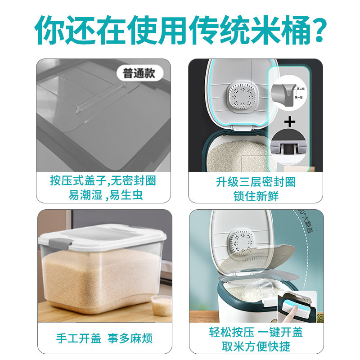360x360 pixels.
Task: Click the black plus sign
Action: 292,121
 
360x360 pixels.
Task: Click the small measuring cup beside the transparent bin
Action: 160,306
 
